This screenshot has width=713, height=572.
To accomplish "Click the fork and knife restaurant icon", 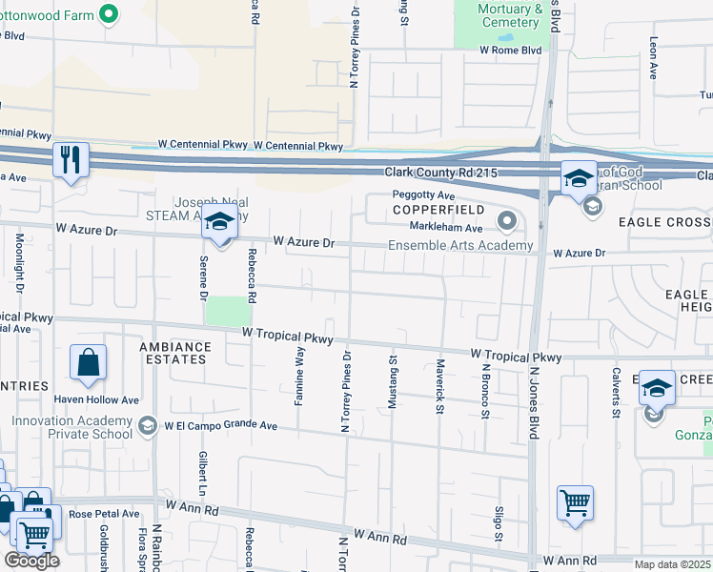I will (71, 158).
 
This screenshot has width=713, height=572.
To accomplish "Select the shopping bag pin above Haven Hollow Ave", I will (88, 363).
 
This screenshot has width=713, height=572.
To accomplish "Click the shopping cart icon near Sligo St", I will (575, 502).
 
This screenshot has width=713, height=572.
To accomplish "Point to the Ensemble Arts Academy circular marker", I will (506, 223).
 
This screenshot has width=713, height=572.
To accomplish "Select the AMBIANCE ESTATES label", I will (173, 353).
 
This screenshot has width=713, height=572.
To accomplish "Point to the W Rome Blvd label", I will (510, 50).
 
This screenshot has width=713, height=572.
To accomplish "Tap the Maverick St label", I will (439, 387).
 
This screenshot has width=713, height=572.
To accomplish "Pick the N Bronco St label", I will (484, 391).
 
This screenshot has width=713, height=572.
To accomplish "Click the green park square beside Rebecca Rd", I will (226, 311).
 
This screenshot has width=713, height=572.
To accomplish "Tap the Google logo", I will (31, 561).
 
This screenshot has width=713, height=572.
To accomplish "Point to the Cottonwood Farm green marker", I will (108, 13).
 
